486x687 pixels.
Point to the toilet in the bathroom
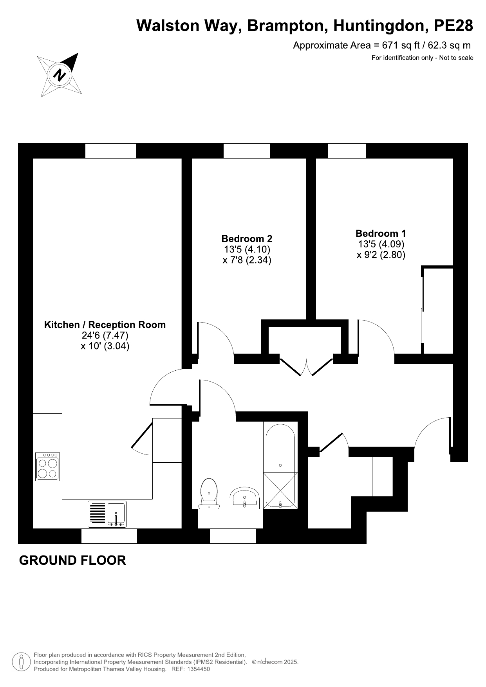209,493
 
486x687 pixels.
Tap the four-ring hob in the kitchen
48,467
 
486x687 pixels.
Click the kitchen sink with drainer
107,514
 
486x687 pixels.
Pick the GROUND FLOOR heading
72,560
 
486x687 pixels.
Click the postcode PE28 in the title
453,26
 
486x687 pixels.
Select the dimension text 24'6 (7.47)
105,335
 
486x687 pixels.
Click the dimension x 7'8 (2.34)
247,260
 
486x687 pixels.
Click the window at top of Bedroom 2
247,151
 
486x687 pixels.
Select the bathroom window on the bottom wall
233,536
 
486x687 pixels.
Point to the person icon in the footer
22,662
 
